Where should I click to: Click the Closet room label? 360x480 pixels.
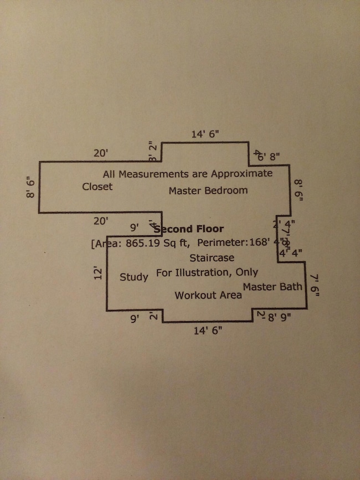click(97, 187)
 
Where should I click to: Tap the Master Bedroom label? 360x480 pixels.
click(208, 190)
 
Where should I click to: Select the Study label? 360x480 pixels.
click(133, 277)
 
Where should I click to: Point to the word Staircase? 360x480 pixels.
click(212, 257)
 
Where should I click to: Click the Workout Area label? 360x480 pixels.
click(208, 295)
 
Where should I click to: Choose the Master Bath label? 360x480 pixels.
click(272, 287)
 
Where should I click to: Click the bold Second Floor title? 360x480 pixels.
click(190, 229)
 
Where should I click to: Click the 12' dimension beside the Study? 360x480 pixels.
click(97, 272)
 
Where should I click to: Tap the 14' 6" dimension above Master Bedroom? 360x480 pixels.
click(205, 134)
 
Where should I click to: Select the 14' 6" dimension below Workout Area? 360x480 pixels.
click(208, 331)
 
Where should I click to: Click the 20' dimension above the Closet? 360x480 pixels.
click(101, 153)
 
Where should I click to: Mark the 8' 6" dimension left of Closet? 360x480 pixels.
click(30, 187)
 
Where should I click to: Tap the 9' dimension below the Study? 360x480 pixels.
click(133, 318)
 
